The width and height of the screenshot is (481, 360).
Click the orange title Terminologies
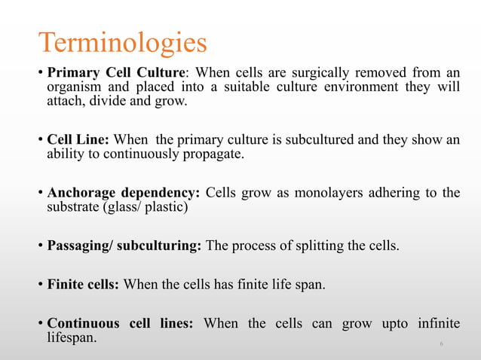tap(122, 43)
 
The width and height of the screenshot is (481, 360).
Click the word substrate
tap(71, 207)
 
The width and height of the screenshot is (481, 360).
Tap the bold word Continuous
tap(82, 324)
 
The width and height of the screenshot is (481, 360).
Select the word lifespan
tap(72, 338)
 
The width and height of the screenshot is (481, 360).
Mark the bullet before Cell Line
tap(41, 141)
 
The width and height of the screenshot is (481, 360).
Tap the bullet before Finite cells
tap(41, 285)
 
